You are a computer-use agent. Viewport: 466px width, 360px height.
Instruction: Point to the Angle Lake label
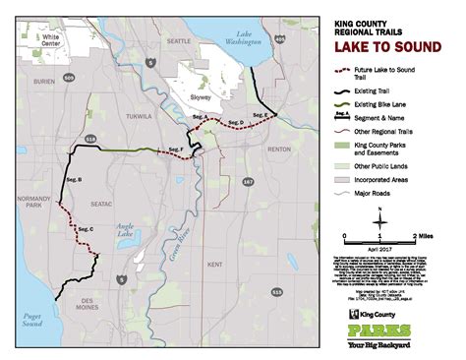124,228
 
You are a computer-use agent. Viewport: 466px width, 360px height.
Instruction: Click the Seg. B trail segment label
73,180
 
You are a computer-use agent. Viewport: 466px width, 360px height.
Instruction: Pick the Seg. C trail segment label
85,229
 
